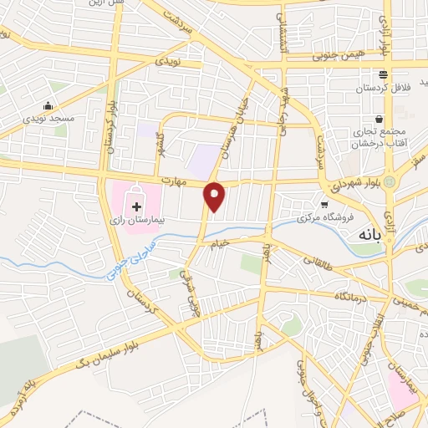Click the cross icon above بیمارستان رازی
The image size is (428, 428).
click(136, 205)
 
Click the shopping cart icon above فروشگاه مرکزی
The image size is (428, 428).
click(324, 204)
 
